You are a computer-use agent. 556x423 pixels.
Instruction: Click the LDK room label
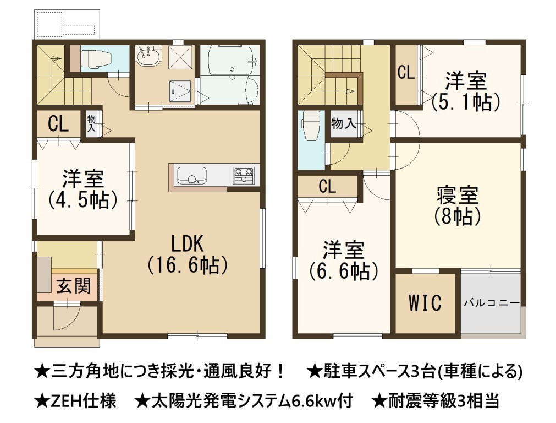coord(188,243)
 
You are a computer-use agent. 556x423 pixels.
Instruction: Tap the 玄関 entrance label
coord(74,285)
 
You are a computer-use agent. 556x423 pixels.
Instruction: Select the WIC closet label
coord(425,302)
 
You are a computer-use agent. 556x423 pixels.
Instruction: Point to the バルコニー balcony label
coord(492,303)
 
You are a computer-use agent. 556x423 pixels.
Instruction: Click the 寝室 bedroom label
coord(458,195)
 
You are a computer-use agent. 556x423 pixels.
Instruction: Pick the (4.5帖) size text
coord(82,199)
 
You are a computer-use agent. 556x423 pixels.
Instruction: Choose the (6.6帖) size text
coord(344,271)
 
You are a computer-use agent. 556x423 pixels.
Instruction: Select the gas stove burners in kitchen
coord(244,175)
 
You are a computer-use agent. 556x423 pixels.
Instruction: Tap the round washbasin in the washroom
coord(149,57)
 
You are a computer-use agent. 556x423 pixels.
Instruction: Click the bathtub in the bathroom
coord(230,61)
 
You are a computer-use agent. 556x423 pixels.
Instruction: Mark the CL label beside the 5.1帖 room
coord(406,73)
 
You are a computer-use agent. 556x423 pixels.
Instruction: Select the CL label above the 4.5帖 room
coord(58,124)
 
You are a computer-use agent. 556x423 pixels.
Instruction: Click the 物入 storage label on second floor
coord(344,123)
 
